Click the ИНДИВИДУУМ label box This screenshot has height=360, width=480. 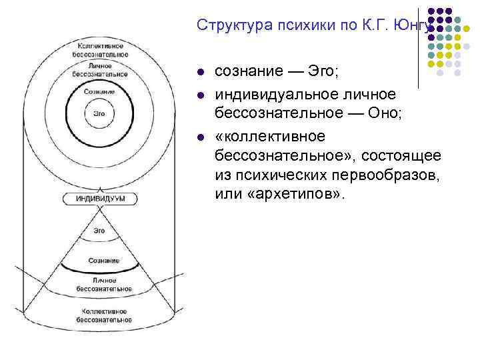click(x=101, y=198)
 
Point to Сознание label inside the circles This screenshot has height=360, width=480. click(x=99, y=91)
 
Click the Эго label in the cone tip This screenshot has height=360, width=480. click(x=99, y=230)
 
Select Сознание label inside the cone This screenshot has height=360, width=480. click(x=104, y=260)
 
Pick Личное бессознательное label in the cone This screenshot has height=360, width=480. click(x=104, y=285)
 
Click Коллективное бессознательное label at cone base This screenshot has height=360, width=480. click(x=105, y=315)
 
